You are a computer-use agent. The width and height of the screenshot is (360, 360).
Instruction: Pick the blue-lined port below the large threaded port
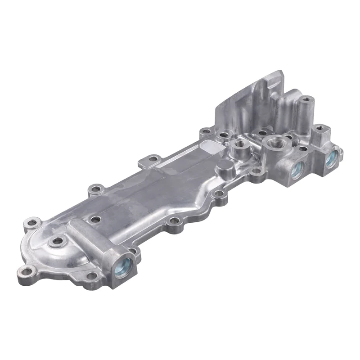(296, 170)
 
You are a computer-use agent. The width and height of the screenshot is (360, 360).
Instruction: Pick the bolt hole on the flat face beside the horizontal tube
(95, 219)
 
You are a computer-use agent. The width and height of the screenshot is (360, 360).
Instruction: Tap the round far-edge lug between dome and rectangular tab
(94, 188)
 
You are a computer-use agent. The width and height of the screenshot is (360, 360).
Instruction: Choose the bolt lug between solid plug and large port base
(256, 171)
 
